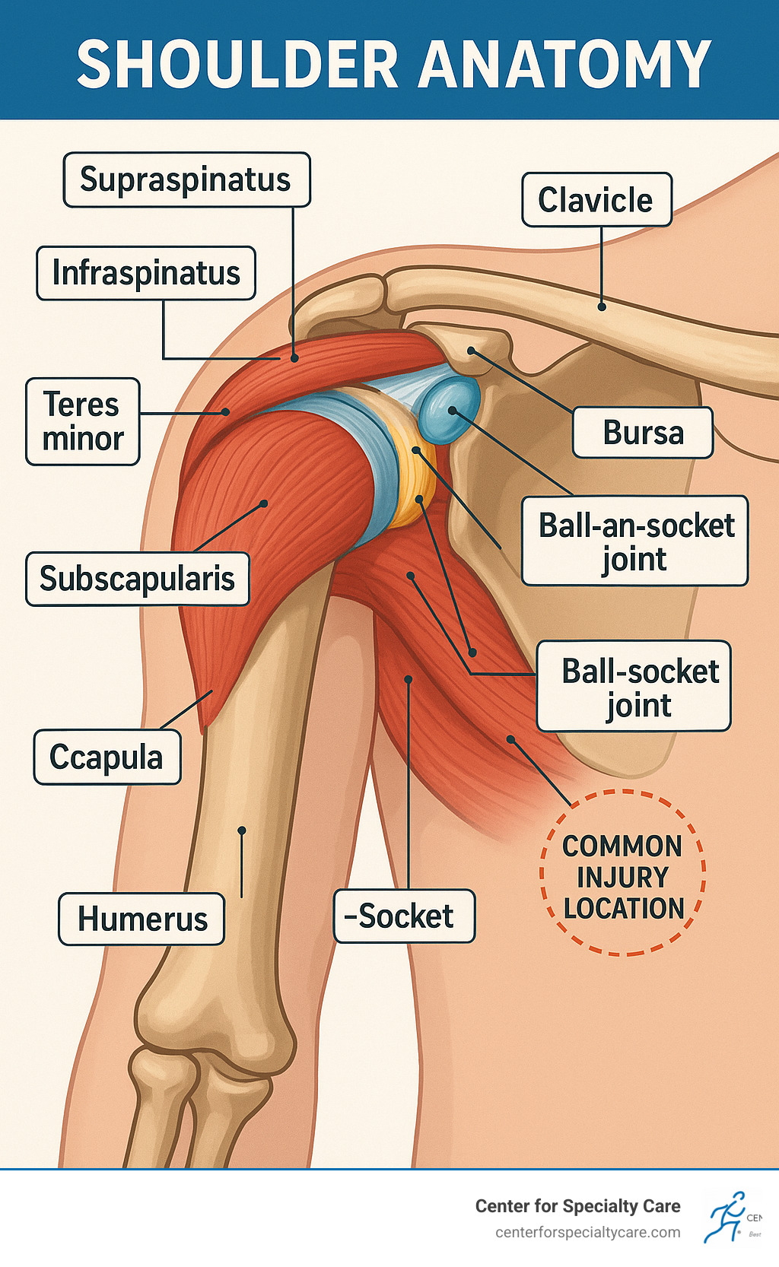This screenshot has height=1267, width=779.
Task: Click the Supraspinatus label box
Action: coord(186,180)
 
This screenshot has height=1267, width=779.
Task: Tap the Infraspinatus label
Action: coord(146,273)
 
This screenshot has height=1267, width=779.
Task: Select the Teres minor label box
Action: coord(83,421)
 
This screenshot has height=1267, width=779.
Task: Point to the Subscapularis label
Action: coord(138,579)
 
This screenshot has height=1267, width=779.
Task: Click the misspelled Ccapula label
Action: coord(107,757)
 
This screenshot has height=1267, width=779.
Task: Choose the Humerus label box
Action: coord(142,919)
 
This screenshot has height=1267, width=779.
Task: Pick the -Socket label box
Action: coord(404,916)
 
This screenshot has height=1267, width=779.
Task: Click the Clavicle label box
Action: coord(596,200)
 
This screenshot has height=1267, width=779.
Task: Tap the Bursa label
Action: coord(643,433)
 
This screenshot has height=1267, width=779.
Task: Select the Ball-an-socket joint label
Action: coord(635,541)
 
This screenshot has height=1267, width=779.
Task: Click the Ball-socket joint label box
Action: coord(634,687)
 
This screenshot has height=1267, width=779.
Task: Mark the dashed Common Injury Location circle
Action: coord(623,873)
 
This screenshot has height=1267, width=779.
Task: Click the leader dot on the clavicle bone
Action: coord(602,306)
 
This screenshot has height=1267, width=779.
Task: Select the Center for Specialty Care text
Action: coord(577,1206)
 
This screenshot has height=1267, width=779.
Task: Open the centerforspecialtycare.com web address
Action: coord(587,1232)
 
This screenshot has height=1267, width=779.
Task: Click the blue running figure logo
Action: coord(726,1217)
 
